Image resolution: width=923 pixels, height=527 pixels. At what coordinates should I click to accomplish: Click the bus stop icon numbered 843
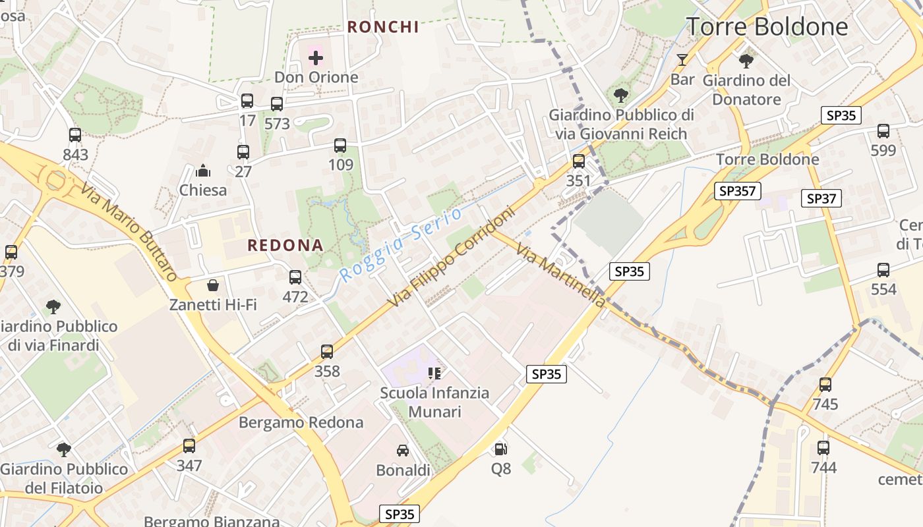pyautogui.click(x=75, y=135)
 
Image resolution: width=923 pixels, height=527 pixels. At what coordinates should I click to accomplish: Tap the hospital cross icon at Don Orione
pyautogui.click(x=316, y=57)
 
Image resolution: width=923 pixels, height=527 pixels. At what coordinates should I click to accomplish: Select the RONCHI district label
pyautogui.click(x=383, y=27)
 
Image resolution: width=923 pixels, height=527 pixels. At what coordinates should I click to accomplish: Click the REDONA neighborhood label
pyautogui.click(x=285, y=246)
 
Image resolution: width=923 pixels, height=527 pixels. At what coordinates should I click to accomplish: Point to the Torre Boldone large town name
pyautogui.click(x=767, y=26)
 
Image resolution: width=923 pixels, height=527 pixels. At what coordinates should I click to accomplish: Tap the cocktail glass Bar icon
pyautogui.click(x=682, y=60)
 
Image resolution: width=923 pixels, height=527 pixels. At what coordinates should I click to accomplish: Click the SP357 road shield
pyautogui.click(x=738, y=191)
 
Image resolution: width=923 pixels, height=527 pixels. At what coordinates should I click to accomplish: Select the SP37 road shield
pyautogui.click(x=821, y=198)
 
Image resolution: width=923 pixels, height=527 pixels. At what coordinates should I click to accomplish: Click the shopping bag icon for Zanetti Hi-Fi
pyautogui.click(x=213, y=285)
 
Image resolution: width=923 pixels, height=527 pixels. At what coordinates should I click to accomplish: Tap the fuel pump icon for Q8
pyautogui.click(x=501, y=449)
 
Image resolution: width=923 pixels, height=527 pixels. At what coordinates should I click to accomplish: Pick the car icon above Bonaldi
pyautogui.click(x=403, y=451)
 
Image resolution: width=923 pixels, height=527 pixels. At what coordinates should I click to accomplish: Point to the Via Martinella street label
pyautogui.click(x=560, y=275)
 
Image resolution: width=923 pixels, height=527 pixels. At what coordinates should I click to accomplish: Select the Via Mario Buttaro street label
pyautogui.click(x=129, y=232)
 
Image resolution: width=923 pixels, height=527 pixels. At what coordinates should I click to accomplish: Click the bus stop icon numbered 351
pyautogui.click(x=578, y=161)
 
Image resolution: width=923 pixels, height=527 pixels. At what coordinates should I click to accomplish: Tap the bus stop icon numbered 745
pyautogui.click(x=825, y=385)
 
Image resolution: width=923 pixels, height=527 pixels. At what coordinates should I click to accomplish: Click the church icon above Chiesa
pyautogui.click(x=203, y=171)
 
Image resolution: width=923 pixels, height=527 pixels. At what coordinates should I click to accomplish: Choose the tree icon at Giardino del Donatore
pyautogui.click(x=746, y=61)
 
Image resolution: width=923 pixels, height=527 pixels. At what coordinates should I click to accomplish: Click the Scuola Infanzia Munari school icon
pyautogui.click(x=434, y=374)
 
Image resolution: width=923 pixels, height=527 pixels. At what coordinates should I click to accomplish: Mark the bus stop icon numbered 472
pyautogui.click(x=295, y=277)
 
